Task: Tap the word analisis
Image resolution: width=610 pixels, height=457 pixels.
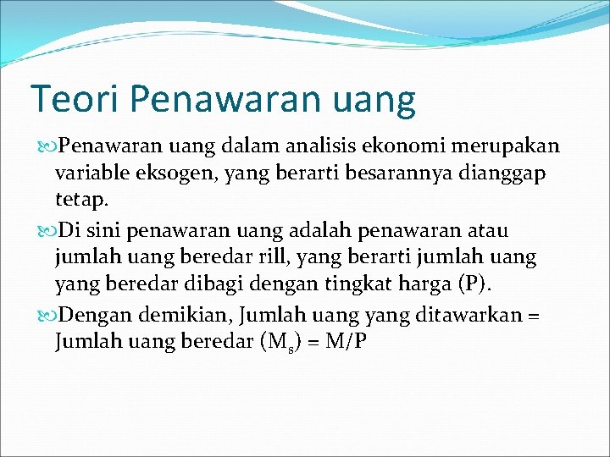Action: (x=324, y=146)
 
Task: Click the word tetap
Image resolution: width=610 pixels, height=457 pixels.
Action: (x=80, y=202)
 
